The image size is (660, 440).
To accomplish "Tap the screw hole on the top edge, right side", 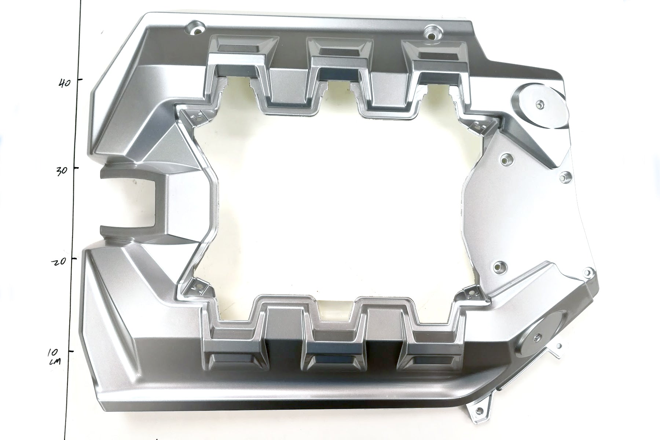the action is [432, 35].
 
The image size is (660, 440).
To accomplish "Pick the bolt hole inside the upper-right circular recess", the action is [539, 104].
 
